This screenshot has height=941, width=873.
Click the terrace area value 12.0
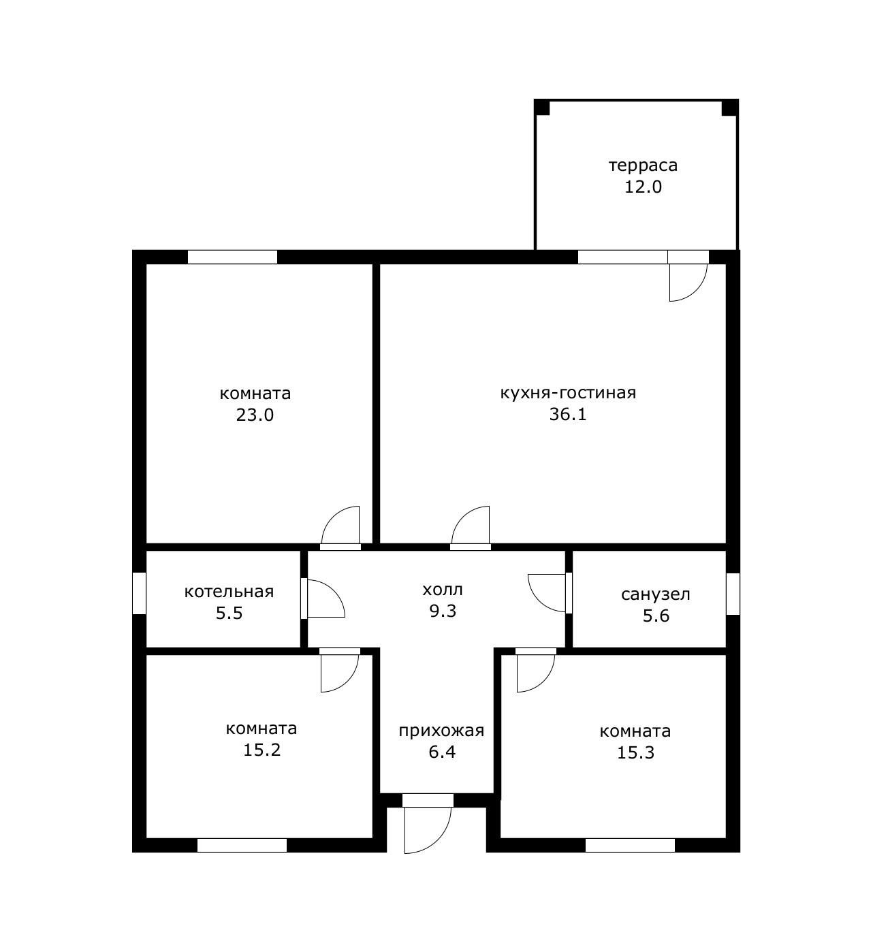coord(643,187)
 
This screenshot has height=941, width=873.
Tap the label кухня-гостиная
coord(568,393)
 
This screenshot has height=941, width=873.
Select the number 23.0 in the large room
coord(255,415)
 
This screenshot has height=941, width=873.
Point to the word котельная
coord(229,592)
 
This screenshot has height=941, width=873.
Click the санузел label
coord(656,594)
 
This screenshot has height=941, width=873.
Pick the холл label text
coord(443,590)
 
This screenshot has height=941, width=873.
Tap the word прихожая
coord(441,731)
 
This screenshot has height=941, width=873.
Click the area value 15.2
coord(261,750)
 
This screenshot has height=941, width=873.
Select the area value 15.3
coord(635,753)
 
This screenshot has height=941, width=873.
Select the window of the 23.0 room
coord(232,257)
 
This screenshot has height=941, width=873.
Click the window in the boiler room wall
coord(139,593)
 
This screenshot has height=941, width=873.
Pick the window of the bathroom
coord(733,594)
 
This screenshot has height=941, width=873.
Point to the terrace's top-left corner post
coord(542,107)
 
